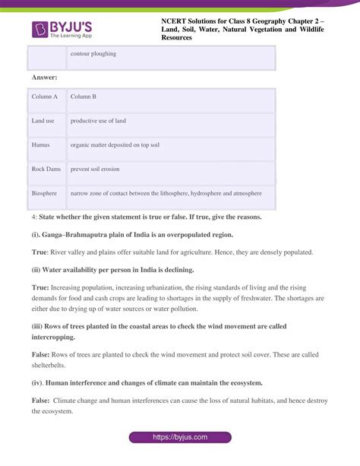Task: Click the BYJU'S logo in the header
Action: pyautogui.click(x=62, y=30)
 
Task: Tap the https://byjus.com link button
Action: pyautogui.click(x=179, y=438)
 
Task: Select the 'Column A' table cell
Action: pyautogui.click(x=45, y=97)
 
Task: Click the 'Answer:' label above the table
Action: pyautogui.click(x=46, y=78)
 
